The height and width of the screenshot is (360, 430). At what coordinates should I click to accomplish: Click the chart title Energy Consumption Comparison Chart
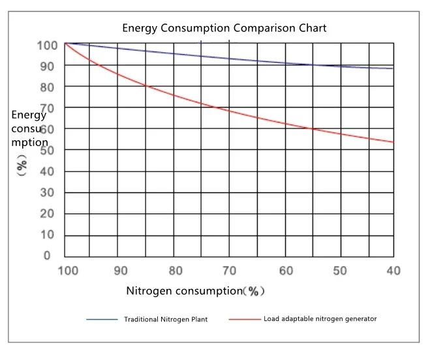pyautogui.click(x=224, y=28)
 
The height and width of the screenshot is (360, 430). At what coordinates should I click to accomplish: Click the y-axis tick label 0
pyautogui.click(x=46, y=256)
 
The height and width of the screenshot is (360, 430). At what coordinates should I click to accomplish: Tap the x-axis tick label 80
pyautogui.click(x=175, y=271)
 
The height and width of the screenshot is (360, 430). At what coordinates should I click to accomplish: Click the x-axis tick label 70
pyautogui.click(x=229, y=271)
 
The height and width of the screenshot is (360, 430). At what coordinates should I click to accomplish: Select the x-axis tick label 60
pyautogui.click(x=284, y=271)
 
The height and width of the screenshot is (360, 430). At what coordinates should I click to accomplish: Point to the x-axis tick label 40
pyautogui.click(x=393, y=271)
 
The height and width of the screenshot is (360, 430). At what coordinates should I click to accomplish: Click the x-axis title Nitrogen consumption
pyautogui.click(x=184, y=291)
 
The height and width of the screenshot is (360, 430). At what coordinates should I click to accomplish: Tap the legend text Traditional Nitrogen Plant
pyautogui.click(x=166, y=320)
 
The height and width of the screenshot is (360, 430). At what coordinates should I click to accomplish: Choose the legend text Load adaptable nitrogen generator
pyautogui.click(x=320, y=319)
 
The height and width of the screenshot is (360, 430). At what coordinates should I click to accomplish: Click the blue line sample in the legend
pyautogui.click(x=102, y=320)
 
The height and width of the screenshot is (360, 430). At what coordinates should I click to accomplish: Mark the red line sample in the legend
pyautogui.click(x=245, y=320)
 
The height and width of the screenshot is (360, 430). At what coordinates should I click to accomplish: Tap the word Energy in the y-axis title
pyautogui.click(x=29, y=115)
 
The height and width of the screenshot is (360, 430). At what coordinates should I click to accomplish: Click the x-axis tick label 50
pyautogui.click(x=339, y=271)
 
